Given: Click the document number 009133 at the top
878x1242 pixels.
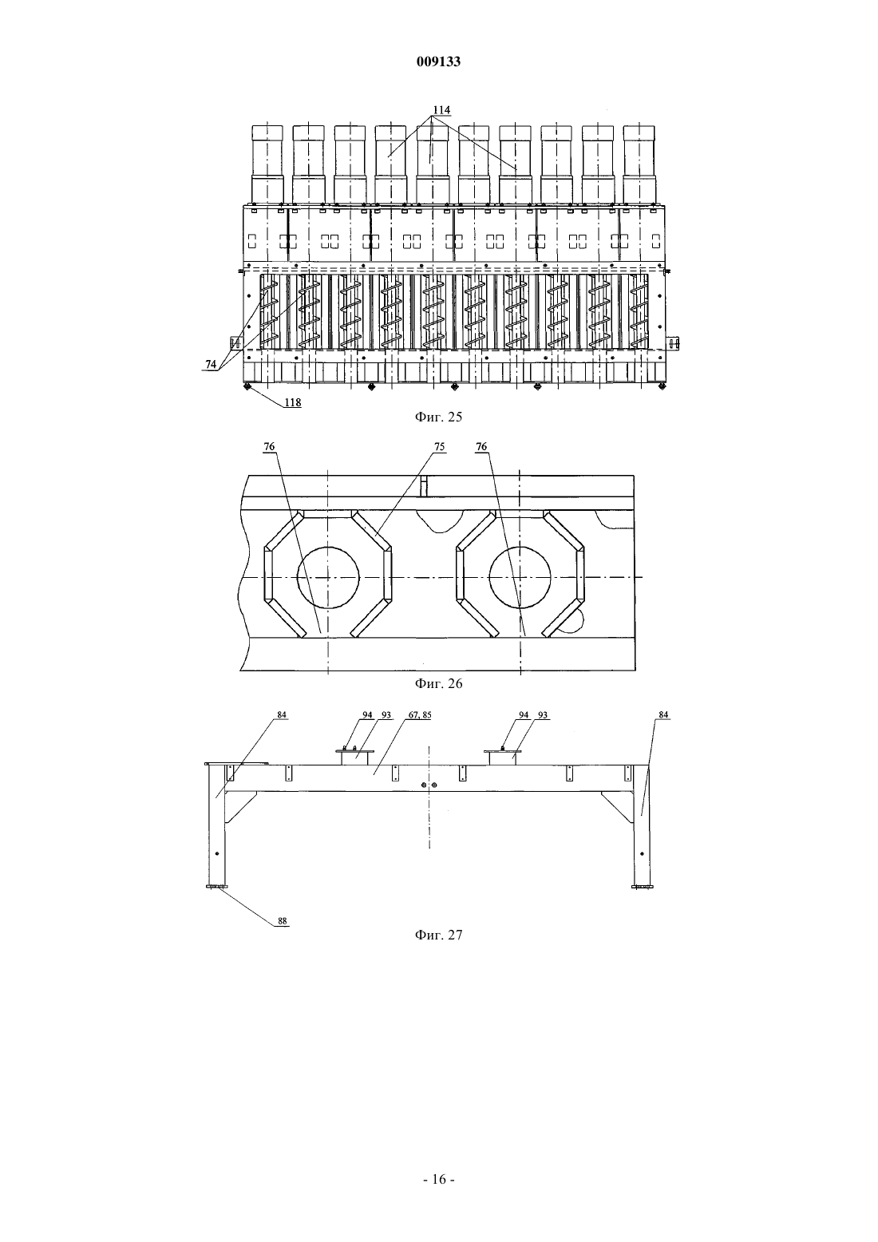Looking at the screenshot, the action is pyautogui.click(x=438, y=61).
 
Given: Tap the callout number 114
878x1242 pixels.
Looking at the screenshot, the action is pyautogui.click(x=441, y=110).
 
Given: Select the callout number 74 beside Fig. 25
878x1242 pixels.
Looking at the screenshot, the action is pyautogui.click(x=211, y=364).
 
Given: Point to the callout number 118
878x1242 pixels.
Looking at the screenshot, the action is pyautogui.click(x=293, y=402).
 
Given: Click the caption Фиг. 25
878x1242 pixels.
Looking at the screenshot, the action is pyautogui.click(x=438, y=417).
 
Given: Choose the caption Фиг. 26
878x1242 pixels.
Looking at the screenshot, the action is pyautogui.click(x=438, y=683).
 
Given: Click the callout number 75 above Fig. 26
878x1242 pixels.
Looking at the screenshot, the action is pyautogui.click(x=440, y=447).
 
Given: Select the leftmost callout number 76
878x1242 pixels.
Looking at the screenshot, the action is pyautogui.click(x=270, y=447).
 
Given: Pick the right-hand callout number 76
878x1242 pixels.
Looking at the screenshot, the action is pyautogui.click(x=481, y=447).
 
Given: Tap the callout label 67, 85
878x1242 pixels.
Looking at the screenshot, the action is pyautogui.click(x=420, y=715).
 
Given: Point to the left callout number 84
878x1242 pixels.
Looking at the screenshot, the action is pyautogui.click(x=282, y=715).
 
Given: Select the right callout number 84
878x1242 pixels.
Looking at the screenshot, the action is pyautogui.click(x=663, y=715).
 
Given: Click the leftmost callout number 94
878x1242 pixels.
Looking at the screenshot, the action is pyautogui.click(x=367, y=715).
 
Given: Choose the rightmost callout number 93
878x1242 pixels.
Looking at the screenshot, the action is pyautogui.click(x=543, y=715).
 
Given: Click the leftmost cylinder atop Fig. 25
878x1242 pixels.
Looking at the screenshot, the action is pyautogui.click(x=267, y=164).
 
